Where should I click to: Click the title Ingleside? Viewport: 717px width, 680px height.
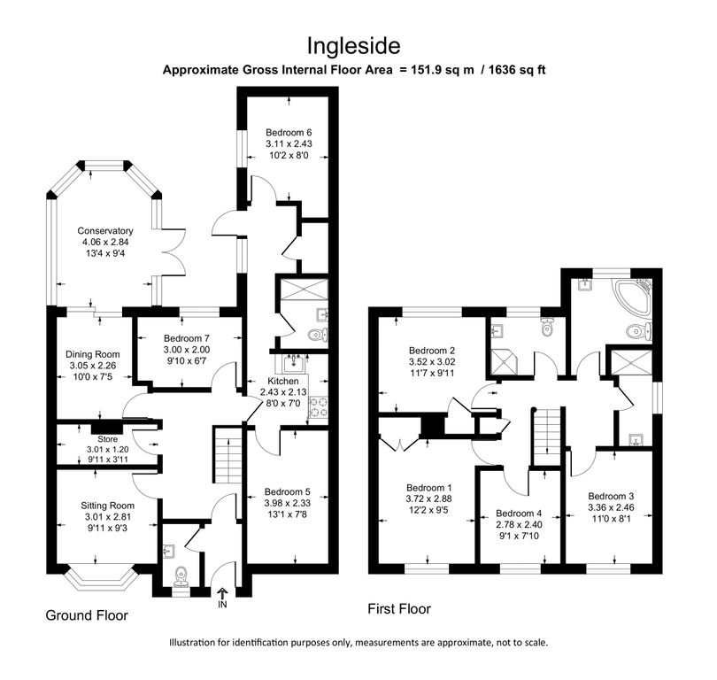pyautogui.click(x=358, y=45)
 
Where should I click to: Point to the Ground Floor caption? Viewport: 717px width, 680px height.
pyautogui.click(x=87, y=614)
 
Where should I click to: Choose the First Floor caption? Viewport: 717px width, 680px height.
pyautogui.click(x=399, y=609)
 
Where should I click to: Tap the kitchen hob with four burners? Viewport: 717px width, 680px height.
pyautogui.click(x=318, y=404)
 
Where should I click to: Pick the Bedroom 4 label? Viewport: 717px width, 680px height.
pyautogui.click(x=520, y=514)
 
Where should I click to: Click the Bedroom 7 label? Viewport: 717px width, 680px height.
pyautogui.click(x=187, y=338)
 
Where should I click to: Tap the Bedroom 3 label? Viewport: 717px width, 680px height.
pyautogui.click(x=613, y=496)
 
